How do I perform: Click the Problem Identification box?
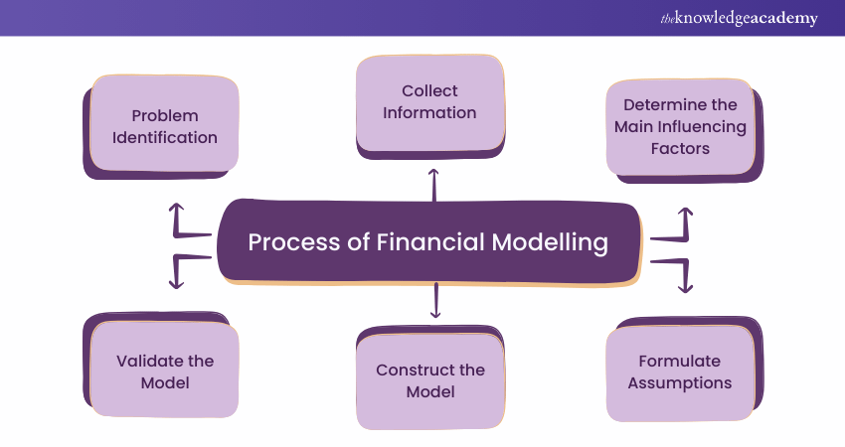tap(164, 126)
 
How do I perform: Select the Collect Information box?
tap(430, 102)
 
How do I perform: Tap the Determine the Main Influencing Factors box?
tap(680, 127)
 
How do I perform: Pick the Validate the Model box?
tap(165, 372)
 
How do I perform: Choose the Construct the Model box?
tap(430, 380)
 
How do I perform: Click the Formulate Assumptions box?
tap(680, 372)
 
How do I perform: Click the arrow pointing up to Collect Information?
tap(433, 184)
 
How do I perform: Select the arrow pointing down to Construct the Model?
tap(435, 301)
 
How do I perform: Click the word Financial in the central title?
tap(428, 242)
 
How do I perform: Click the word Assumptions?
tap(680, 382)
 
